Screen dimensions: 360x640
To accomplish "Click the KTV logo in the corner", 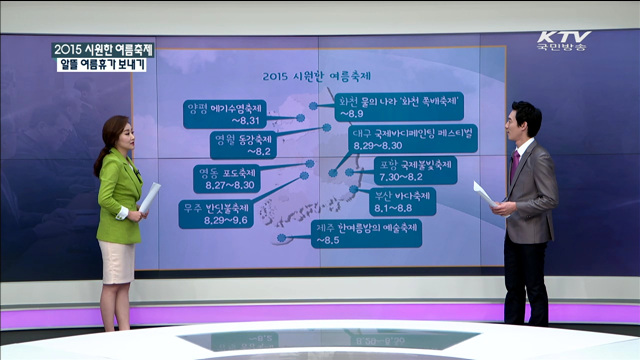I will (563, 40).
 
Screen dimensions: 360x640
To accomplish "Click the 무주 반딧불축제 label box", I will (215, 212).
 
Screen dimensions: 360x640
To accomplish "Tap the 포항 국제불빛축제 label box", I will (415, 170).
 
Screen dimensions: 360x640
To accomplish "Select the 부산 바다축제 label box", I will (401, 201).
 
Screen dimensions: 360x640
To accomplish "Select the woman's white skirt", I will (116, 261).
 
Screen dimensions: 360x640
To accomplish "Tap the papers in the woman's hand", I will (149, 197).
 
